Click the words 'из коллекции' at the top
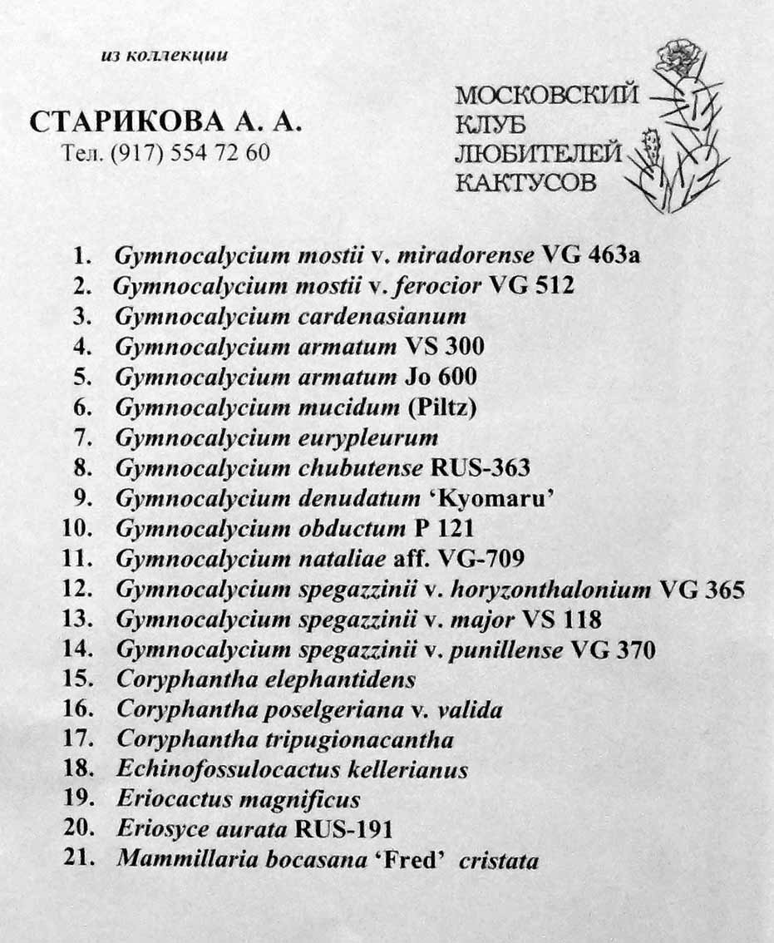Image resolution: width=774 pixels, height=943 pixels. [x=164, y=56]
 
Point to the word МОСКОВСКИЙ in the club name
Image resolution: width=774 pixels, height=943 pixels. [x=546, y=95]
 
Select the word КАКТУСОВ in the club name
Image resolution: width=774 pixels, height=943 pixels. [x=525, y=182]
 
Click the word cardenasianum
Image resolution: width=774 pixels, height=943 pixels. [x=382, y=317]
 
